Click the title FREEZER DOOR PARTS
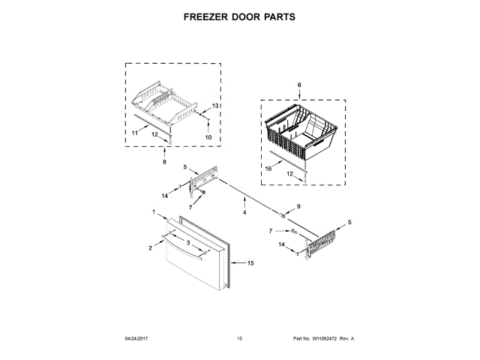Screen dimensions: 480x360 (x=239, y=16)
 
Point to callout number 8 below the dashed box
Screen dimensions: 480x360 (x=165, y=162)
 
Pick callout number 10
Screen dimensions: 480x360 (x=208, y=138)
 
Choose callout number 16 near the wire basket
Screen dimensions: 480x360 (x=268, y=169)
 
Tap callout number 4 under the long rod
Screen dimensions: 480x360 (x=244, y=212)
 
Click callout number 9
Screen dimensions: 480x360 (x=297, y=206)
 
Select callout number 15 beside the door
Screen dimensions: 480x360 (x=251, y=263)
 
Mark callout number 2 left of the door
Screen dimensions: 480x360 (x=150, y=247)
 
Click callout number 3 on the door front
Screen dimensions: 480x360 (x=187, y=242)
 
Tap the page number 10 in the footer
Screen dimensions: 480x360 (x=239, y=339)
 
